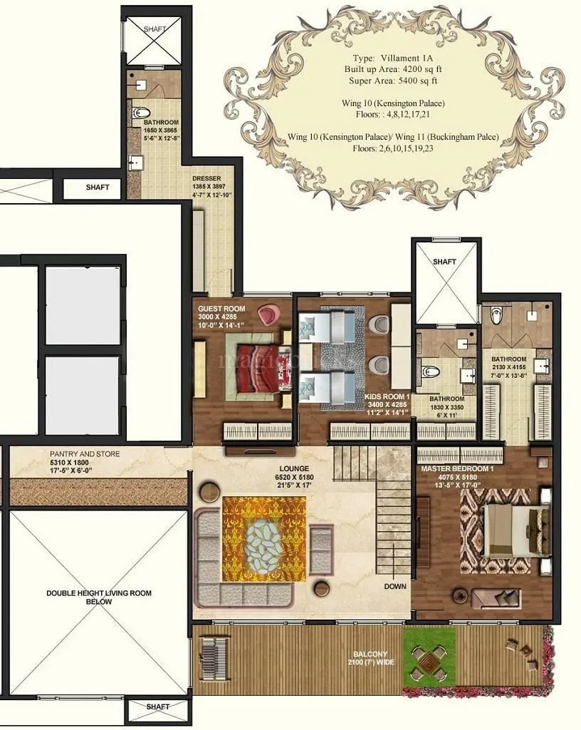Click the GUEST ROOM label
pyautogui.click(x=221, y=309)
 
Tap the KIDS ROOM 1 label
pyautogui.click(x=387, y=395)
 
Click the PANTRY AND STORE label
pyautogui.click(x=85, y=454)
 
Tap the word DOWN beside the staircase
pyautogui.click(x=394, y=587)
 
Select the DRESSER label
pyautogui.click(x=206, y=178)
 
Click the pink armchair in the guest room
pyautogui.click(x=268, y=313)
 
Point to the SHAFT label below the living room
pyautogui.click(x=157, y=706)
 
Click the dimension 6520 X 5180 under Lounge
pyautogui.click(x=293, y=477)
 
